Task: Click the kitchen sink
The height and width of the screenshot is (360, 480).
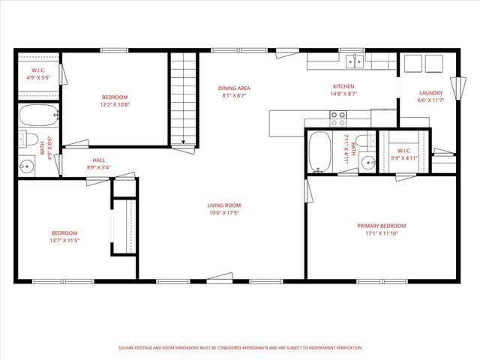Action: click(x=358, y=61)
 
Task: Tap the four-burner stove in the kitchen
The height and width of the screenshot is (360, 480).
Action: click(x=338, y=118)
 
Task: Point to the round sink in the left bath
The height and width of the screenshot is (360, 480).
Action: click(x=26, y=166)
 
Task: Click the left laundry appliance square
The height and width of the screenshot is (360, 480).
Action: click(x=412, y=64)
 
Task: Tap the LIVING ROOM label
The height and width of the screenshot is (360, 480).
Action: click(x=224, y=205)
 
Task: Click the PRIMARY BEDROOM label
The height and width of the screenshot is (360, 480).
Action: click(x=381, y=226)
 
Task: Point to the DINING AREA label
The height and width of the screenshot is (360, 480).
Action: click(x=234, y=88)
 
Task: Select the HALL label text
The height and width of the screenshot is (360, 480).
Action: click(x=99, y=160)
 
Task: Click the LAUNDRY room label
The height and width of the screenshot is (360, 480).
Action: click(x=431, y=93)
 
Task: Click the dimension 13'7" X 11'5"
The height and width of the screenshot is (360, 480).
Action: click(x=64, y=241)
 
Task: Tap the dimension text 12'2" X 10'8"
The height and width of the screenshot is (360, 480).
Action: click(x=115, y=105)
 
